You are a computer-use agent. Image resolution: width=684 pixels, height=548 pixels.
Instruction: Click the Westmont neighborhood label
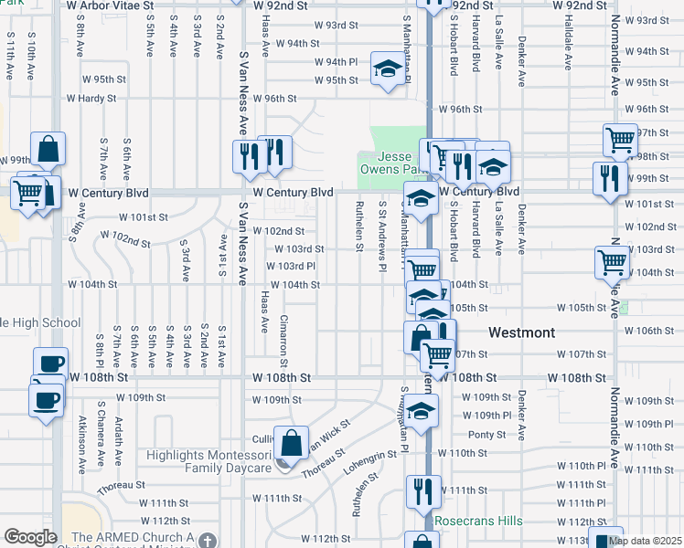522,332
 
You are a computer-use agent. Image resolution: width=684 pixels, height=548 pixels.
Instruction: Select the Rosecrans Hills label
478,522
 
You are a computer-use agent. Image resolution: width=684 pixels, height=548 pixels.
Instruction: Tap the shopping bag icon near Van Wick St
291,444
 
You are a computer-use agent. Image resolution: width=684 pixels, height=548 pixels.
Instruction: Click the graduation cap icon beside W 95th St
388,69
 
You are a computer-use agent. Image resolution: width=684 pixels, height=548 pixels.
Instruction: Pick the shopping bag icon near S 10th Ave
48,148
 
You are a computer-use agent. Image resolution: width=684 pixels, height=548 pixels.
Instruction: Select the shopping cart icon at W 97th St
620,140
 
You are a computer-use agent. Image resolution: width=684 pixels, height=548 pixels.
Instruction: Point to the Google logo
30,537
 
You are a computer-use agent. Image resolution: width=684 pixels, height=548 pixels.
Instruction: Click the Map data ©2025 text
646,541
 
